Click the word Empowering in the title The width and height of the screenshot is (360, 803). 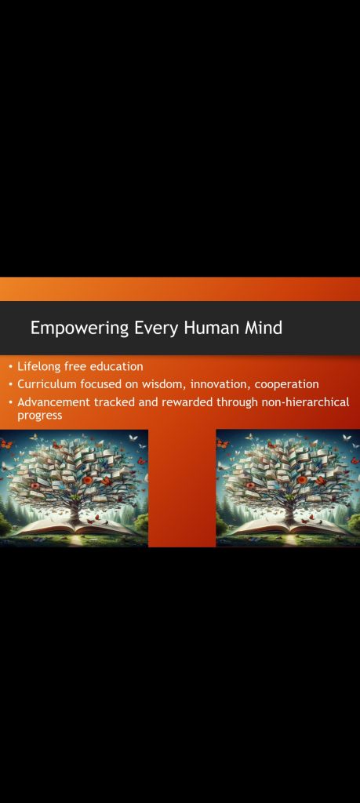tap(79, 329)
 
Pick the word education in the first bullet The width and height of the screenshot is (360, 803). tap(116, 367)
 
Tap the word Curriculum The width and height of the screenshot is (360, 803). tap(46, 384)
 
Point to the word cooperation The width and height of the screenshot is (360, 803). tap(287, 384)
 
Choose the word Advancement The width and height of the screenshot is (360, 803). tap(53, 402)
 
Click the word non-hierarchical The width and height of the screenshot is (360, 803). tap(305, 402)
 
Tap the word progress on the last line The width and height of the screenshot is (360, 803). tap(39, 416)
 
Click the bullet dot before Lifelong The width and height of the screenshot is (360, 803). tap(11, 367)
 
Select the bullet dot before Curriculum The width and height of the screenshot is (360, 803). tap(11, 384)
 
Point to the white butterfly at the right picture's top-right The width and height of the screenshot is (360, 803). tap(347, 438)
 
